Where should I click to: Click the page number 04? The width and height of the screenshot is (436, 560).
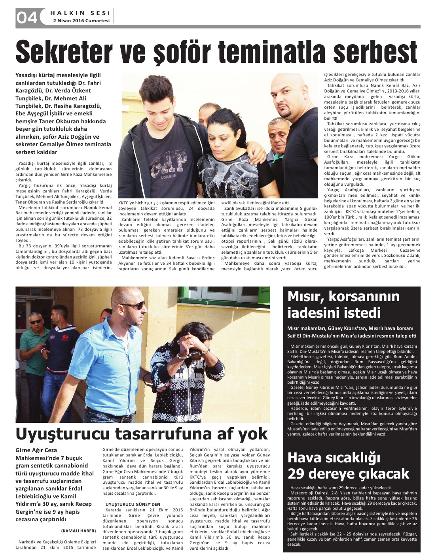point(27,17)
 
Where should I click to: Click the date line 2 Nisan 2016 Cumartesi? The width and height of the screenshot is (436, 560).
point(81,21)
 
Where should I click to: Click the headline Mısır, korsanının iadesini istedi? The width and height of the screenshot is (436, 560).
point(343,304)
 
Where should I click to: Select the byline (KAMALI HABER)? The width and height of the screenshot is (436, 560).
point(78,530)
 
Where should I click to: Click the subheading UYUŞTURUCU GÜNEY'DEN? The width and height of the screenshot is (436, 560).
point(133,504)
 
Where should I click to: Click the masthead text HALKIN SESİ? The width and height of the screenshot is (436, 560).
point(80,13)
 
